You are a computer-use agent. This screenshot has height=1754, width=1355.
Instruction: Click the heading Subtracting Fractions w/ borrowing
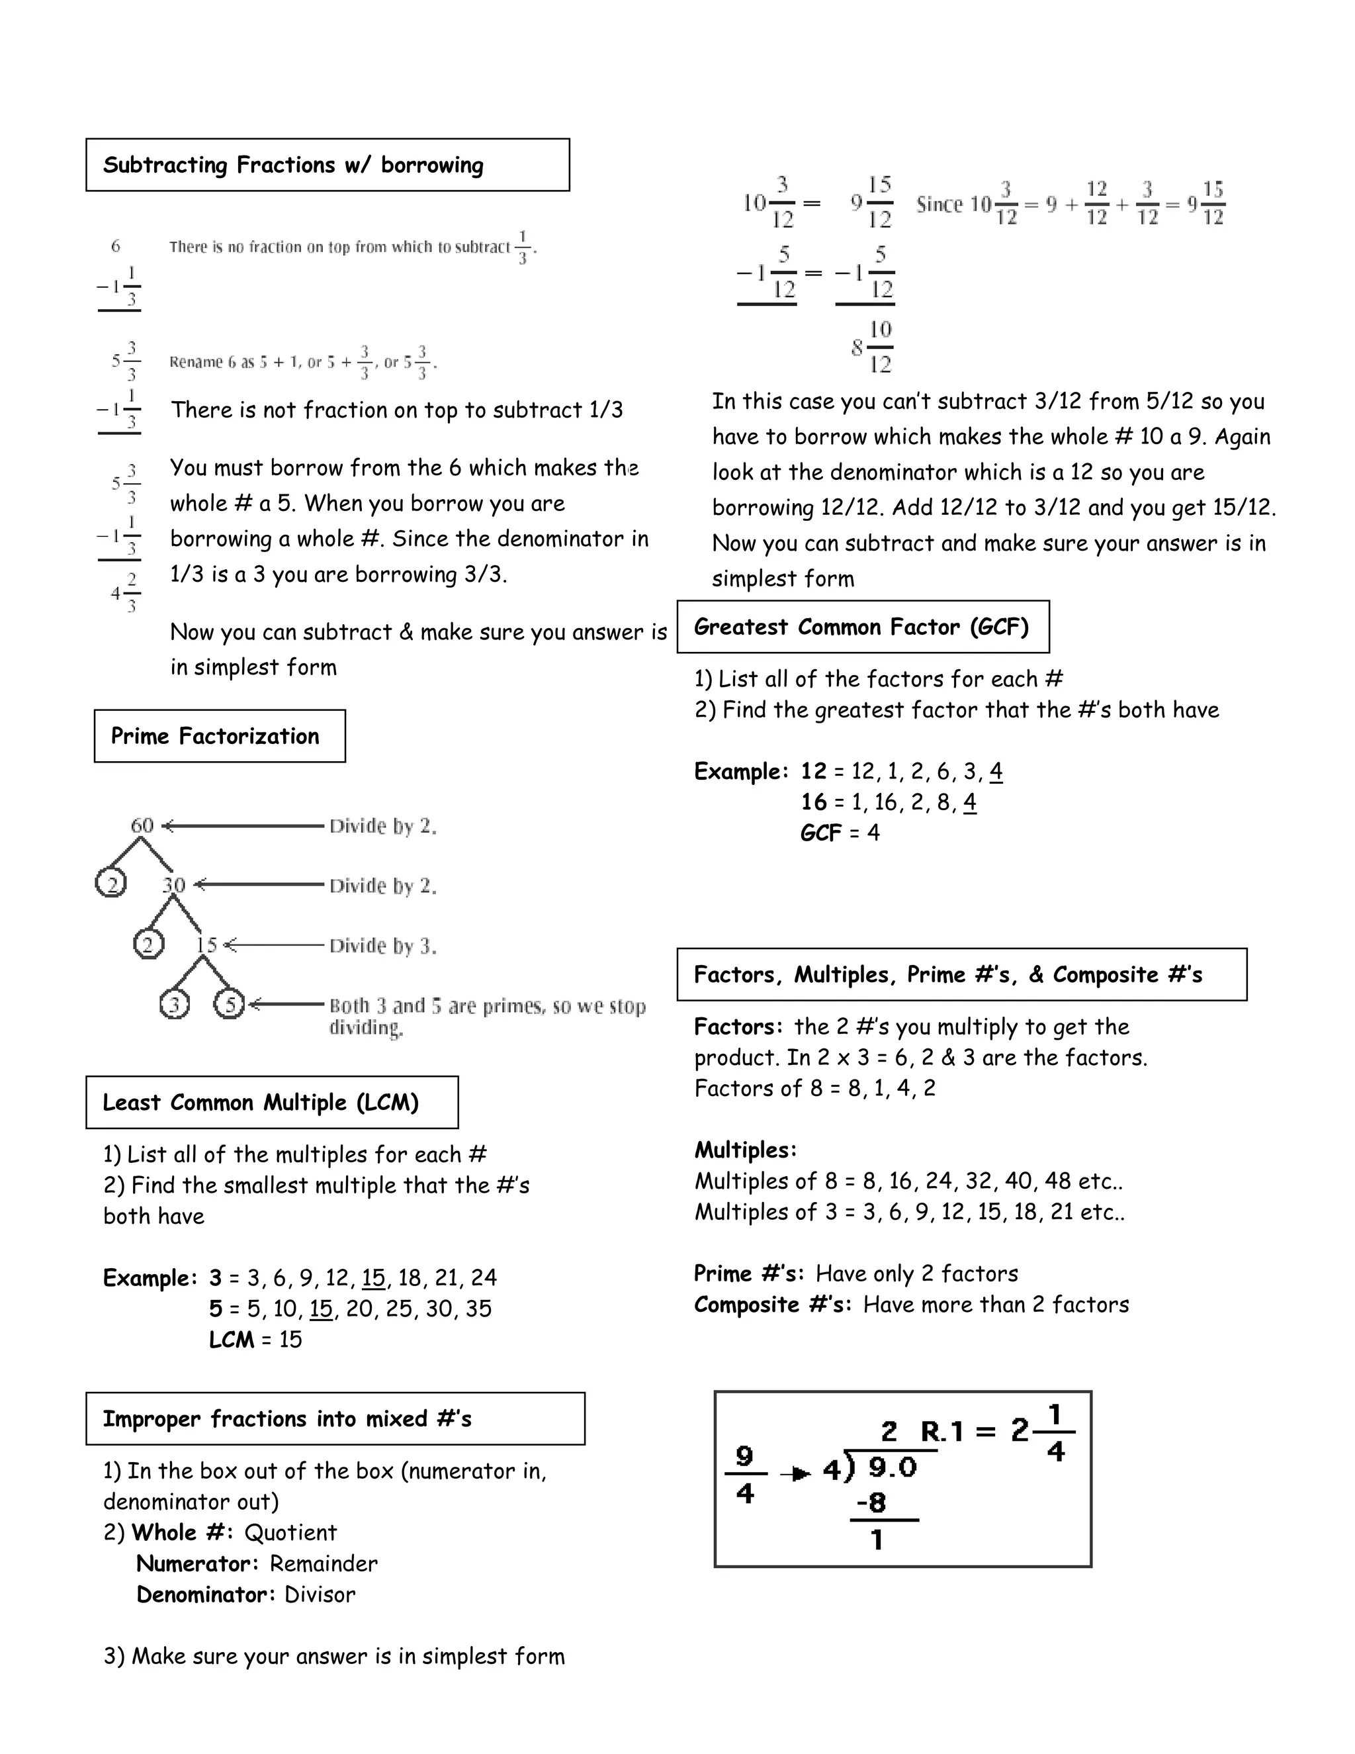[293, 165]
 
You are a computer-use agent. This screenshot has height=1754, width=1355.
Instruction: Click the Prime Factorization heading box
[215, 735]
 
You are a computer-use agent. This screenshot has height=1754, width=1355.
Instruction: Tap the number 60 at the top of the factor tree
[142, 825]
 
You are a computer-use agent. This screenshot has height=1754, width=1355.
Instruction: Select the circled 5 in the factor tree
[230, 1004]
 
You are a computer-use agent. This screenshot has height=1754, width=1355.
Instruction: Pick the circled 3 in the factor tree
[174, 1004]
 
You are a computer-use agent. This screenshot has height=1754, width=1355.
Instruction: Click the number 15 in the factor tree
[206, 945]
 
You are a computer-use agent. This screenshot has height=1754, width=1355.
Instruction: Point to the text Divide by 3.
[383, 946]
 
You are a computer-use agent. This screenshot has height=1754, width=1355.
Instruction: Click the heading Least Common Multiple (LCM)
[261, 1102]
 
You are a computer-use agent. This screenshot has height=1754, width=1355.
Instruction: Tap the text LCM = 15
[255, 1339]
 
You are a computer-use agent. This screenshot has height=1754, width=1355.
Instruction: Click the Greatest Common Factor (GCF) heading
[861, 626]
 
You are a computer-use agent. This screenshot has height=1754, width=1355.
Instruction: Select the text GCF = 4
[840, 832]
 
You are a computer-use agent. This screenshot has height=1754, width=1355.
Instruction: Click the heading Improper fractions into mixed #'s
[286, 1418]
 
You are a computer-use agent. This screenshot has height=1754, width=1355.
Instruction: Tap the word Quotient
[290, 1532]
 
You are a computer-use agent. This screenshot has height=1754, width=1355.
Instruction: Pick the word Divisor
[320, 1594]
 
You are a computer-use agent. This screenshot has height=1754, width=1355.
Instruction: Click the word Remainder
[323, 1563]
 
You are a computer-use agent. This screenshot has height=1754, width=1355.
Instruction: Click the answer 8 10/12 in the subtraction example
[873, 346]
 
